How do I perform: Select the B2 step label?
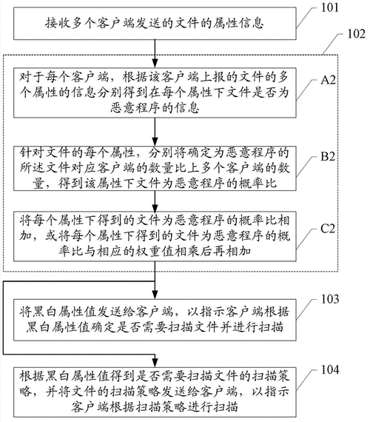[329, 157]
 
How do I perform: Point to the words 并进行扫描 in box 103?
[257, 323]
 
